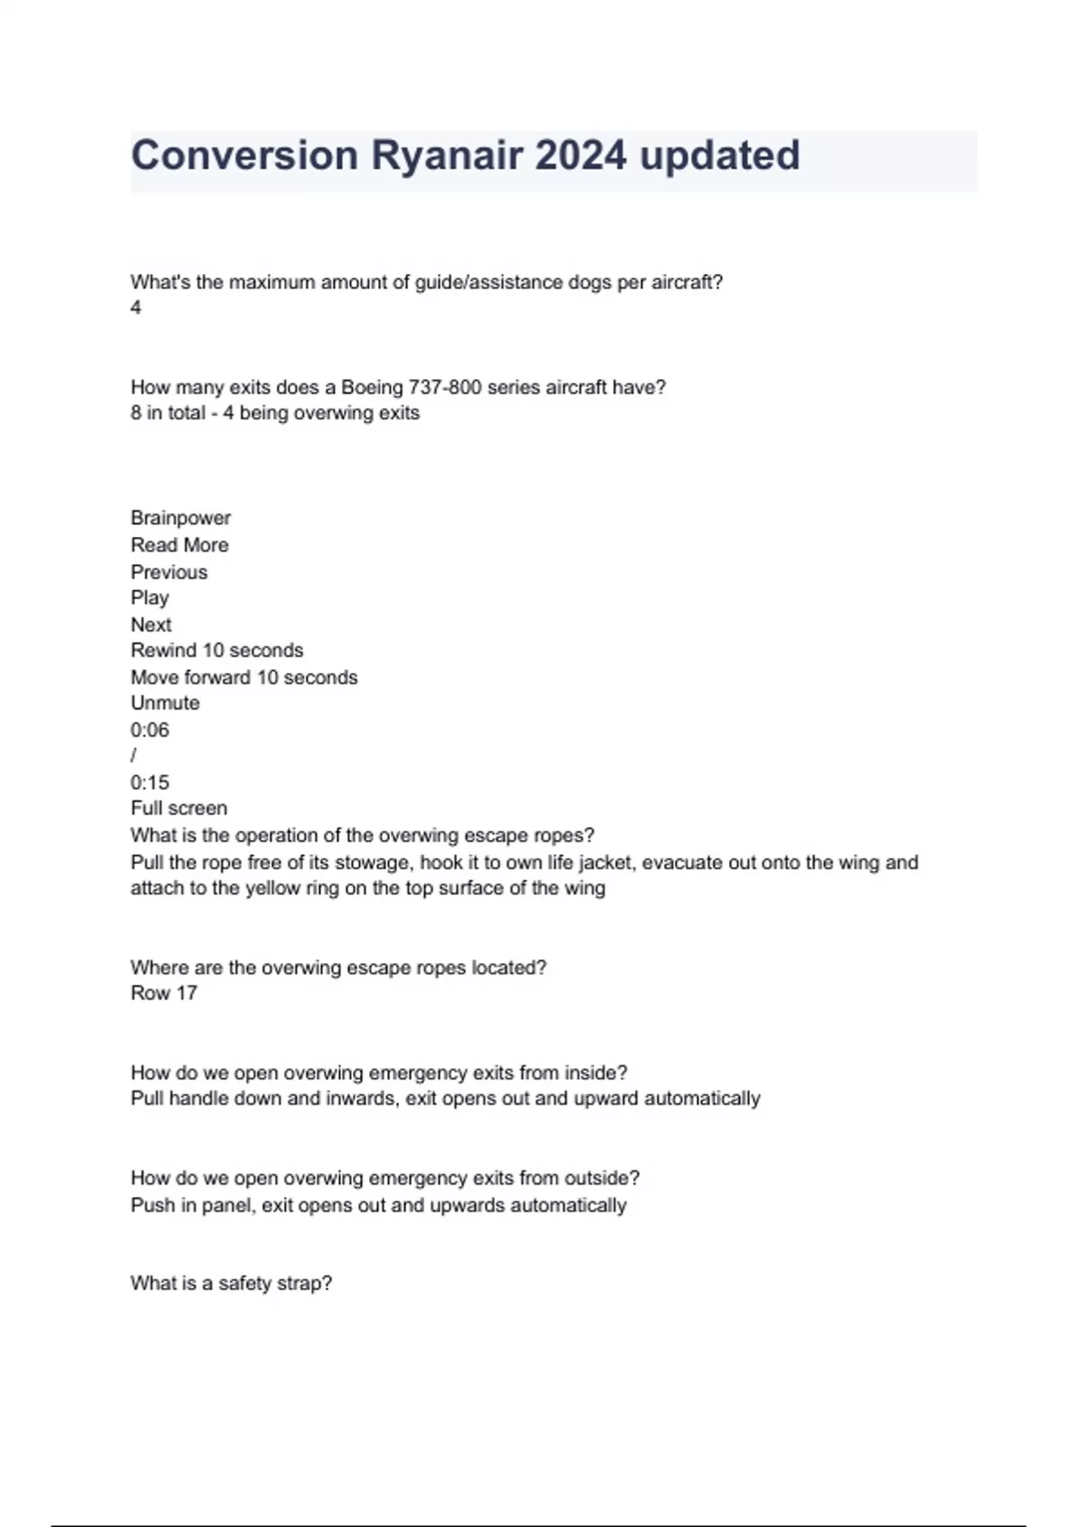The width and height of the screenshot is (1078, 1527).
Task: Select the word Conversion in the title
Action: point(244,155)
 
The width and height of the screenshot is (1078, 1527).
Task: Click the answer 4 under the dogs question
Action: point(136,308)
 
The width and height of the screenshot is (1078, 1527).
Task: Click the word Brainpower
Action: point(181,518)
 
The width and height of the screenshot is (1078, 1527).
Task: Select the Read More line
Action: point(180,545)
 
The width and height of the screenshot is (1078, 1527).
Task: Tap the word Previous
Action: point(169,572)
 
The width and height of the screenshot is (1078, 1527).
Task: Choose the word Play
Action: point(149,598)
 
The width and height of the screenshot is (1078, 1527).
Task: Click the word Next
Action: point(151,624)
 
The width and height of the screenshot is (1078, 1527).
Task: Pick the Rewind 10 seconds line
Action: point(216,650)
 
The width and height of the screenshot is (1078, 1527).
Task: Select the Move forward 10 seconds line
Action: point(243,677)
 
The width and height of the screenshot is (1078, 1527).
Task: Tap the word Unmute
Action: point(165,703)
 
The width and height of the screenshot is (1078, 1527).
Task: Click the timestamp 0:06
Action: point(149,730)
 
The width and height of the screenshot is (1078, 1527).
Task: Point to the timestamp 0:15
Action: point(149,782)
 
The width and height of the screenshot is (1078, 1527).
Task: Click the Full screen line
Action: point(179,808)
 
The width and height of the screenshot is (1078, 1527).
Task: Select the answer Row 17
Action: point(163,993)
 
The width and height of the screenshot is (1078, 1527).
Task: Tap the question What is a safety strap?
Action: point(231,1284)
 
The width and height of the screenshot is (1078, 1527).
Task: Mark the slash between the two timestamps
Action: point(134,756)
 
